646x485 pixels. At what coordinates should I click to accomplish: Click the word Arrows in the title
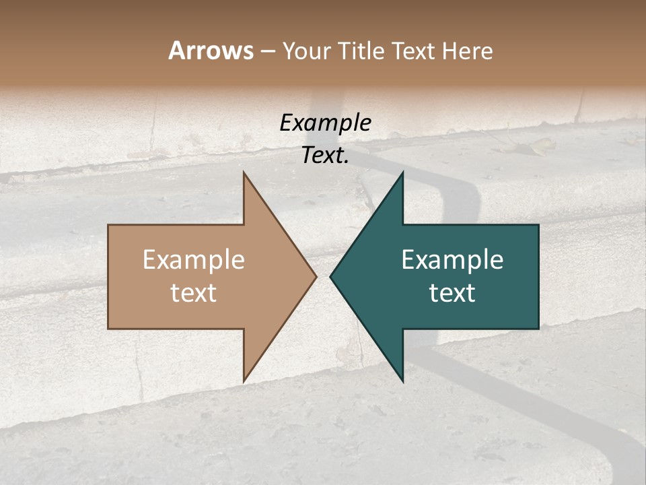click(211, 51)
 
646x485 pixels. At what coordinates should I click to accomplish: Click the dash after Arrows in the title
click(267, 51)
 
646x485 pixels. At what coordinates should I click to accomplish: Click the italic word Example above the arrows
click(325, 123)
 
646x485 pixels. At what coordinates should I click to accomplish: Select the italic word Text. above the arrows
click(325, 156)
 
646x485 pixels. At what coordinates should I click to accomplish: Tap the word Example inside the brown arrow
click(194, 259)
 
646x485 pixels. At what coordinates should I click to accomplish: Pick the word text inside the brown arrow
click(194, 292)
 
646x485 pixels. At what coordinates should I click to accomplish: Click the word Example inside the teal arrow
click(452, 259)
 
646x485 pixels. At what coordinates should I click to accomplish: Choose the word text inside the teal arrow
click(452, 292)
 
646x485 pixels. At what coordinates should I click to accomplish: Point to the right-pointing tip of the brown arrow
click(316, 276)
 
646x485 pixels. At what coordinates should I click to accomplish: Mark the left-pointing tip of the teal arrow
click(330, 276)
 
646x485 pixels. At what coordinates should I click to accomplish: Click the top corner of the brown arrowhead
click(244, 172)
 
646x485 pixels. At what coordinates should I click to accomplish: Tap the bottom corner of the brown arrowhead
click(244, 381)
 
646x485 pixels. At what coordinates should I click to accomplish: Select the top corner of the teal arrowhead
click(402, 172)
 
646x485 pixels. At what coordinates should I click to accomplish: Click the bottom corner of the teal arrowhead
click(402, 381)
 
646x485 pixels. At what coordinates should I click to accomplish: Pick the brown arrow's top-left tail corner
click(108, 225)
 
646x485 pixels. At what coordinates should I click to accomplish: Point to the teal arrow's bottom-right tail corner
click(538, 329)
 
